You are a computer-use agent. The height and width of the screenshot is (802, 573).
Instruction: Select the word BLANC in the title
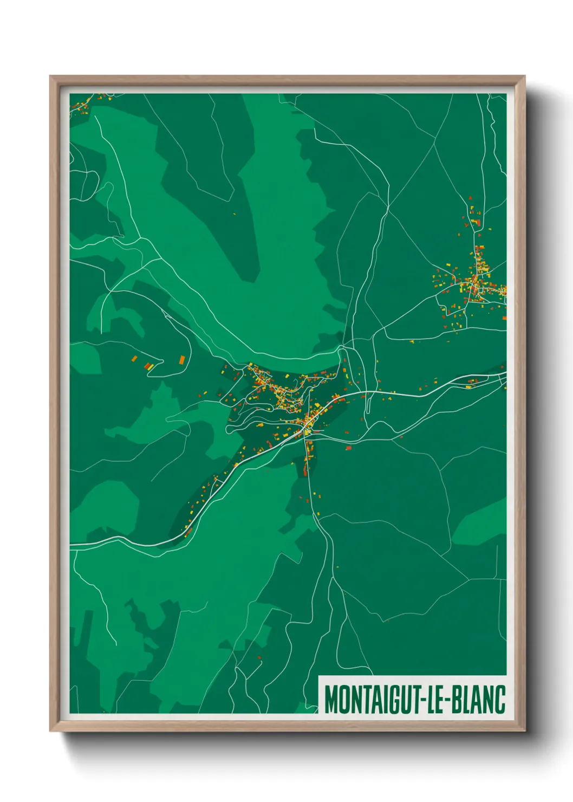[479, 700]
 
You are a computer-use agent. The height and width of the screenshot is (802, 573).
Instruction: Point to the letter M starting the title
[331, 700]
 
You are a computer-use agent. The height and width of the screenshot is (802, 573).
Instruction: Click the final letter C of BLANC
[500, 700]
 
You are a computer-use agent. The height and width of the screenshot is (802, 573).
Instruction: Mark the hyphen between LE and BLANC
[449, 701]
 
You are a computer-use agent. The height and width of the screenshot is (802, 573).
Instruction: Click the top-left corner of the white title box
[319, 676]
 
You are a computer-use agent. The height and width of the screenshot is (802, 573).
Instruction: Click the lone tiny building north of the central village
[235, 214]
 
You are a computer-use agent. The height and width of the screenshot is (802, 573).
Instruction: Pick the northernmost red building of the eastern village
[470, 198]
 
